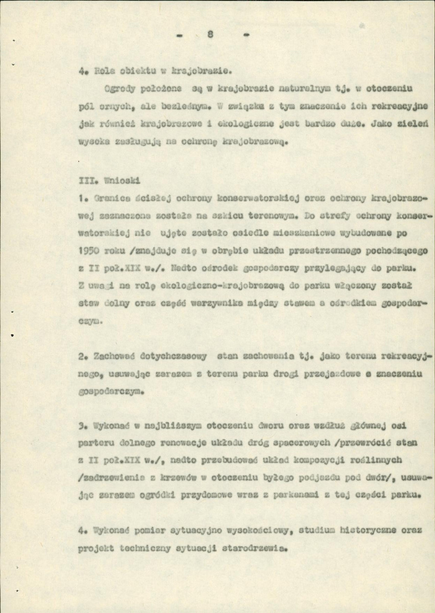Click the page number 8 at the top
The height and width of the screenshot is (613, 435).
[x=209, y=35]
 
